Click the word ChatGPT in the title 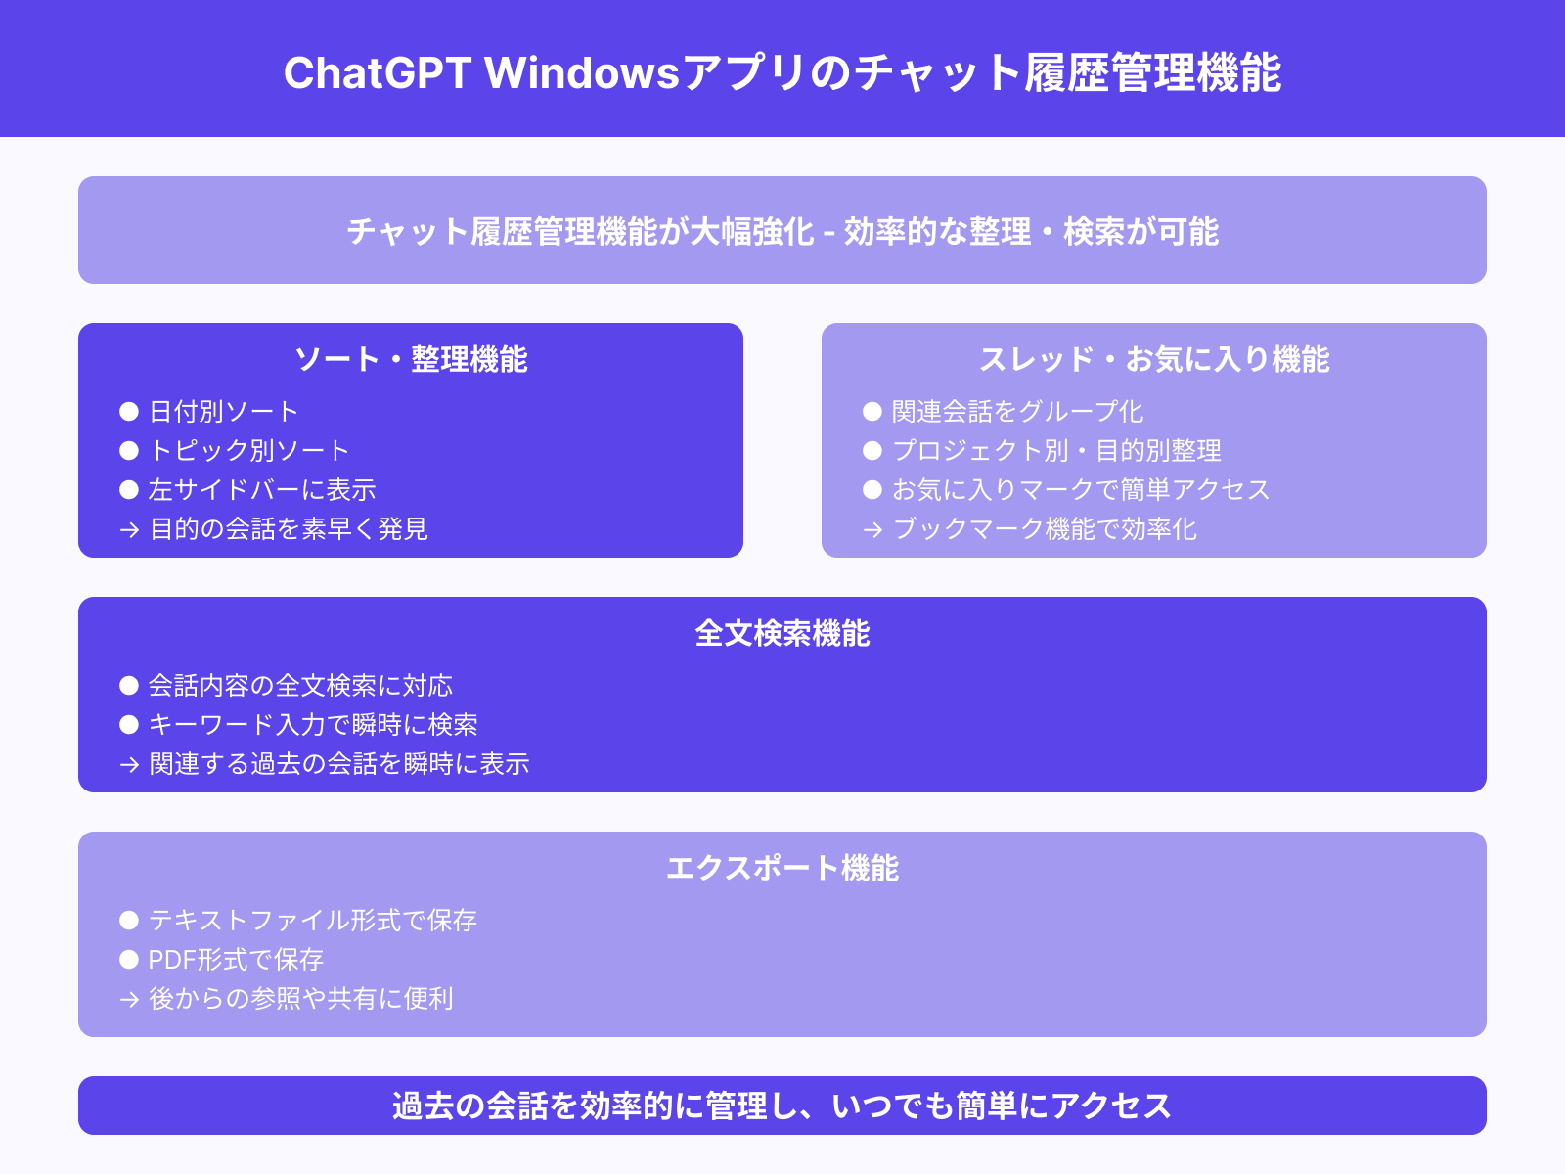pyautogui.click(x=378, y=73)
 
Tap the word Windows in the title pyautogui.click(x=582, y=73)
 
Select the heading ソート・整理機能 pyautogui.click(x=411, y=359)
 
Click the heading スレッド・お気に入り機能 pyautogui.click(x=1154, y=359)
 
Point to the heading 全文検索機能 pyautogui.click(x=782, y=633)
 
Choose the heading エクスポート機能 pyautogui.click(x=782, y=868)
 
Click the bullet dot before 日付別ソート pyautogui.click(x=129, y=411)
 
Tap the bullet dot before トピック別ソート pyautogui.click(x=129, y=450)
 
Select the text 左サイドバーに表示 pyautogui.click(x=262, y=489)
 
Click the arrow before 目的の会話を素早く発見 pyautogui.click(x=129, y=529)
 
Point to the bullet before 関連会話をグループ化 pyautogui.click(x=872, y=411)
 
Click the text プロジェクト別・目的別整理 pyautogui.click(x=1056, y=450)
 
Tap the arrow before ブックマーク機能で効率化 pyautogui.click(x=872, y=529)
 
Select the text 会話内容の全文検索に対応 pyautogui.click(x=300, y=685)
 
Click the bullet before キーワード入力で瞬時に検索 pyautogui.click(x=129, y=724)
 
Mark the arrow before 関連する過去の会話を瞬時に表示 pyautogui.click(x=129, y=764)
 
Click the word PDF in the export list pyautogui.click(x=171, y=959)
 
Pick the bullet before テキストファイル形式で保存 pyautogui.click(x=129, y=920)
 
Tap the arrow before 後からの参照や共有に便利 pyautogui.click(x=129, y=999)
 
